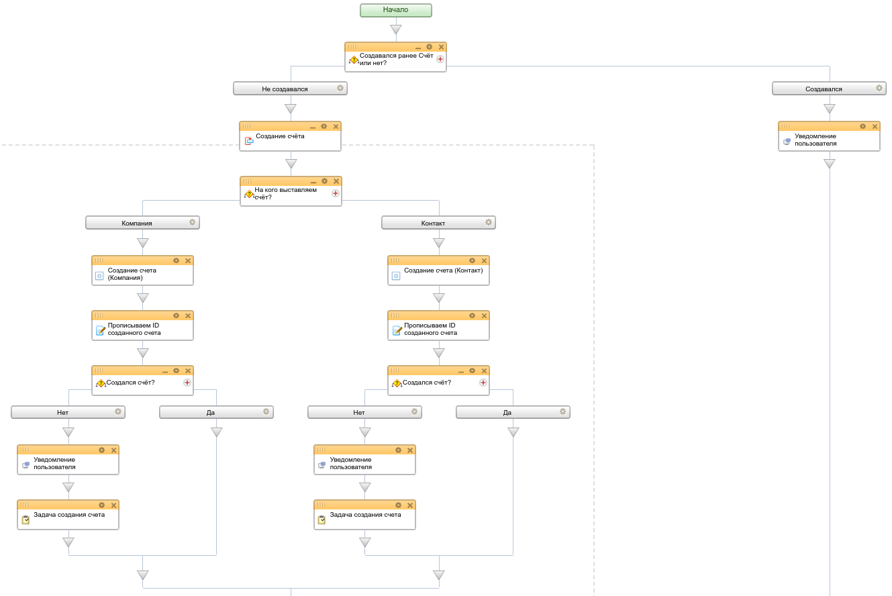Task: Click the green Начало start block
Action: click(x=395, y=10)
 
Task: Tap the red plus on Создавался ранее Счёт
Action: click(x=440, y=59)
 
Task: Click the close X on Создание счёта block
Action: click(x=336, y=126)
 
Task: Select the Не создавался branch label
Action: click(x=290, y=89)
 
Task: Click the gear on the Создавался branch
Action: click(x=879, y=88)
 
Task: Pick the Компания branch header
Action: click(x=142, y=223)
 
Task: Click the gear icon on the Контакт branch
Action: click(x=488, y=222)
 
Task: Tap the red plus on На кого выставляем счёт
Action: click(x=336, y=193)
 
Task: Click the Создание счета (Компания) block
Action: click(x=142, y=270)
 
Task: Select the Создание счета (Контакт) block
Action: click(x=438, y=270)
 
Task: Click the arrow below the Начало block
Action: click(x=396, y=29)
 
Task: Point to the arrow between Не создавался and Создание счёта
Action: click(x=291, y=108)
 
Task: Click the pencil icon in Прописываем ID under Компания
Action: click(x=101, y=330)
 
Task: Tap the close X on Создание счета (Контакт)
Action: click(x=484, y=260)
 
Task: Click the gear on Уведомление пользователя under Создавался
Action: click(x=862, y=126)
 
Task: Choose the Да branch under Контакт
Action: click(x=513, y=412)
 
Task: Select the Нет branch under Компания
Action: click(x=68, y=412)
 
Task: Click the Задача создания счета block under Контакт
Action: click(x=364, y=515)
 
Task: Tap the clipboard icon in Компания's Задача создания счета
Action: click(x=26, y=520)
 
